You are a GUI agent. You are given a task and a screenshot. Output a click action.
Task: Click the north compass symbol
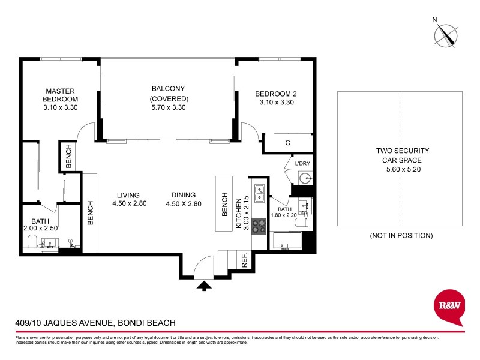(445, 35)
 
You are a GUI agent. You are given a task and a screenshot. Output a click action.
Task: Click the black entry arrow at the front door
(205, 286)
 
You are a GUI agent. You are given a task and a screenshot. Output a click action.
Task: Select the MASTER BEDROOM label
(61, 95)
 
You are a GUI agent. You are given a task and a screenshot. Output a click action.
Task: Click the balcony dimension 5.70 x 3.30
(169, 108)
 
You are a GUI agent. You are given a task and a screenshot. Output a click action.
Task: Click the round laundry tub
(304, 178)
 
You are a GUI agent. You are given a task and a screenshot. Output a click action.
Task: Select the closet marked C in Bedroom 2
(288, 143)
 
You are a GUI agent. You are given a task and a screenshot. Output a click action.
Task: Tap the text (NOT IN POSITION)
(401, 236)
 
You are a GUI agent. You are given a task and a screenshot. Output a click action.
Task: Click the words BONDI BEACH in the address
(147, 323)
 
